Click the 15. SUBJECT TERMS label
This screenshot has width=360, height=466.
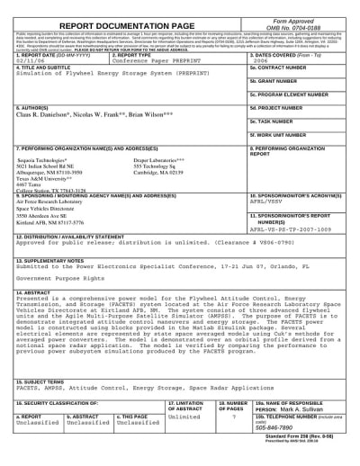pyautogui.click(x=44, y=381)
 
